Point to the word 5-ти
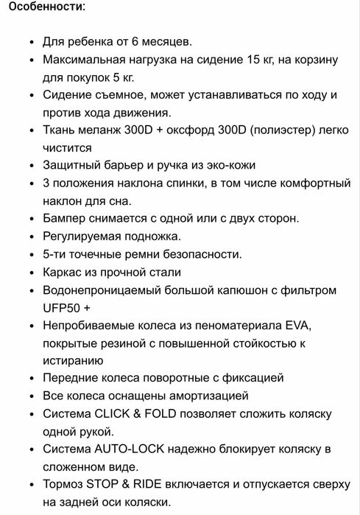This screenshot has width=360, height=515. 56,254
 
